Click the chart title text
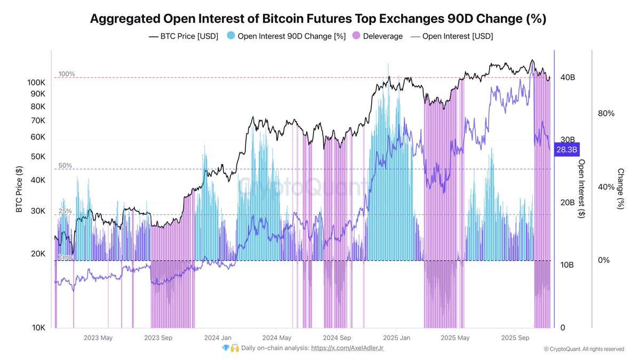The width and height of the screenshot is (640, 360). click(318, 19)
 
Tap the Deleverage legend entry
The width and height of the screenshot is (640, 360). click(379, 36)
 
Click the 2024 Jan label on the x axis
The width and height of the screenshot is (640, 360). click(217, 338)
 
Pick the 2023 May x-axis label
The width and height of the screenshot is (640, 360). click(99, 338)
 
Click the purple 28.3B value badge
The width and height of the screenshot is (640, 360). click(566, 150)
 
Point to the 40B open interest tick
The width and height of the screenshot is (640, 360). click(567, 78)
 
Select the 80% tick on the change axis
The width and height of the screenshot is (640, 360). click(606, 114)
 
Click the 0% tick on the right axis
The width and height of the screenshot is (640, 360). click(603, 260)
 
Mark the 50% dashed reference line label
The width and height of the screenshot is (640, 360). click(65, 166)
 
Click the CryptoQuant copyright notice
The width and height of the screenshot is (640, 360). click(583, 349)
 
